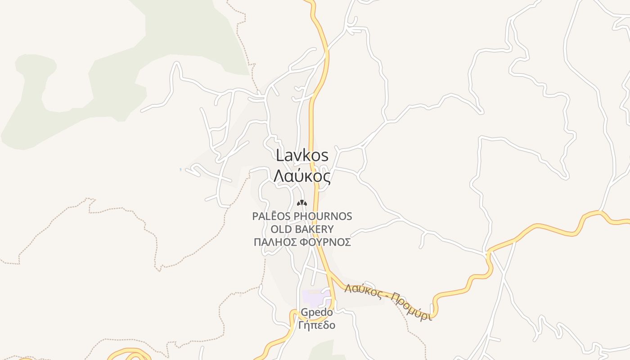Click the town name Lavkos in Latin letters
[302, 156]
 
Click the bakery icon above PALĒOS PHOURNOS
[301, 203]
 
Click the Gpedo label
[317, 312]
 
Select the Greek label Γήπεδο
[317, 325]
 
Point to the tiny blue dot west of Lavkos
[180, 170]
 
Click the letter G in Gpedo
[304, 312]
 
